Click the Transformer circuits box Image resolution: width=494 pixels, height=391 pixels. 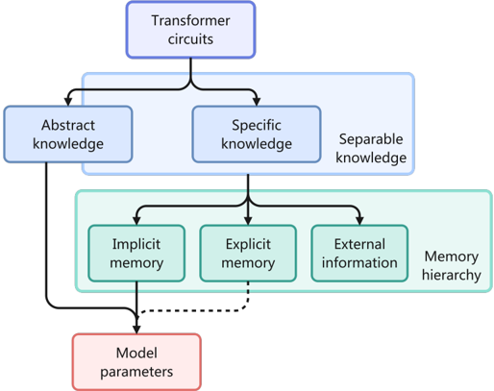pos(190,30)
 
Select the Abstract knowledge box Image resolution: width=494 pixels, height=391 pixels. pos(68,134)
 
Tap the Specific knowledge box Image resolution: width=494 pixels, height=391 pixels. pos(257,134)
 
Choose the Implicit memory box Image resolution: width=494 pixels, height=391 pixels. pos(136,254)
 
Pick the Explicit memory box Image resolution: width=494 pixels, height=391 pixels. pos(248,254)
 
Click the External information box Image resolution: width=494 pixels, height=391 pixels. pos(359,254)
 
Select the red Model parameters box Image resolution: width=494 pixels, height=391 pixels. pos(136,362)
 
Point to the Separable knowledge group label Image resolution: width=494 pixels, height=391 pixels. pos(371,148)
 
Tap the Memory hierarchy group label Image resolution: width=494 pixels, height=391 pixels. pos(452,265)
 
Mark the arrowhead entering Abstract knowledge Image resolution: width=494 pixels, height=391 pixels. pos(68,101)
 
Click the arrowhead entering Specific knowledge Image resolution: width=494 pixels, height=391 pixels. pos(257,101)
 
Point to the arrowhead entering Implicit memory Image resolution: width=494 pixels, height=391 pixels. pos(136,220)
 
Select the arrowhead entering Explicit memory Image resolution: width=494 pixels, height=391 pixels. pos(248,220)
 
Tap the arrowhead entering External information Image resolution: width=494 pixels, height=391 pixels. pos(359,220)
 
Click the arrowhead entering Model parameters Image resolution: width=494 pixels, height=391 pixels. pos(136,330)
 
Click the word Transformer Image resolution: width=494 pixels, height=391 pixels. pos(190,21)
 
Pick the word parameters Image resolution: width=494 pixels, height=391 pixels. pos(136,372)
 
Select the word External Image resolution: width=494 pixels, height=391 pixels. pos(359,244)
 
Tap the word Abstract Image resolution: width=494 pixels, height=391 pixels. pos(68,125)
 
